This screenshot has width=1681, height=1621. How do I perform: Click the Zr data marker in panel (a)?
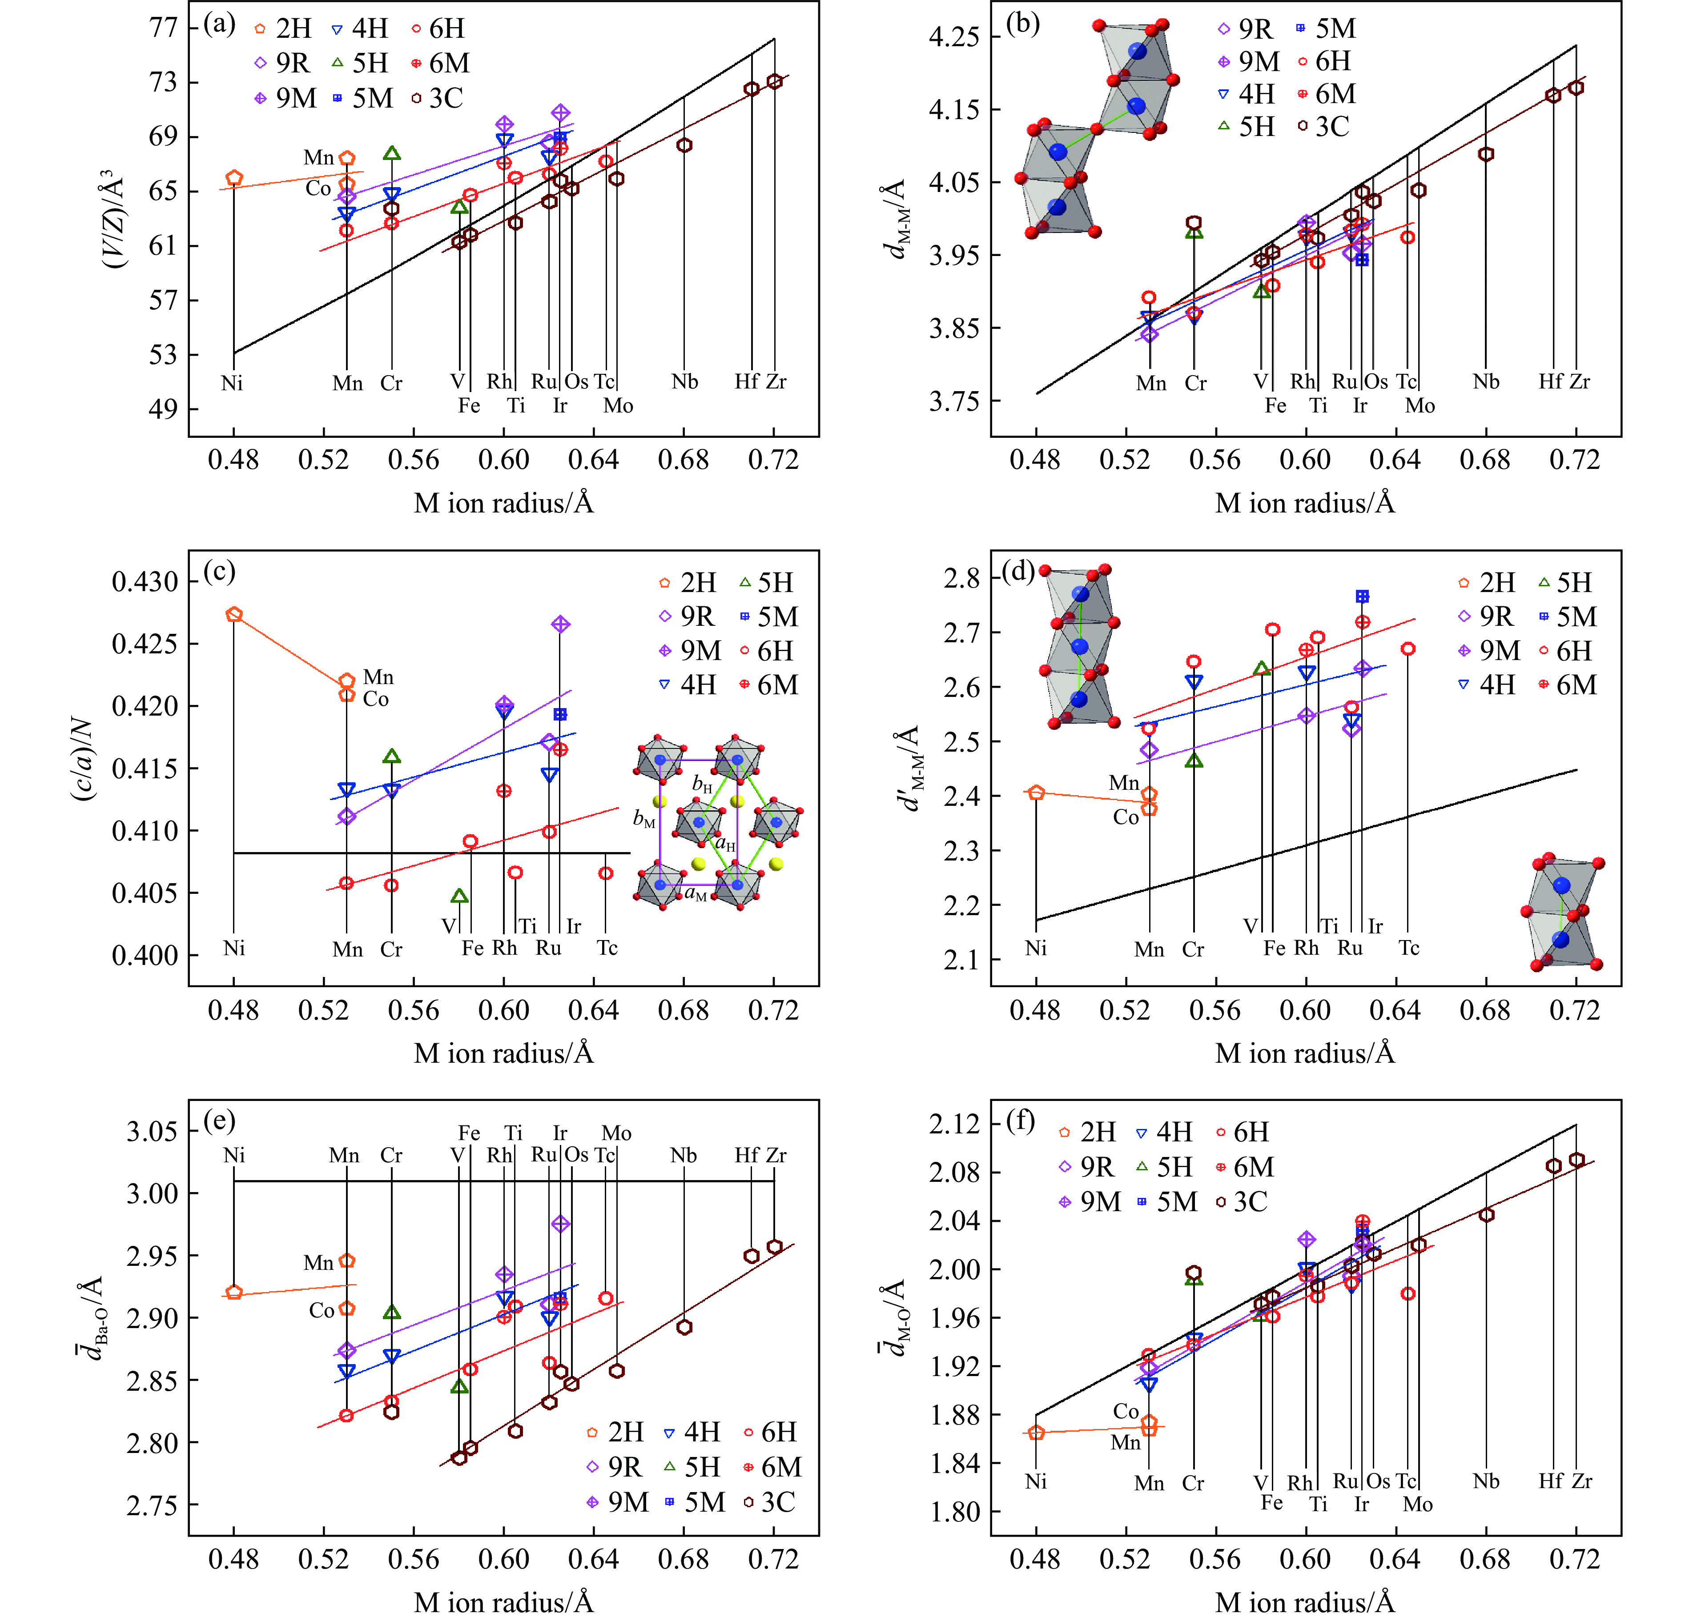tap(775, 81)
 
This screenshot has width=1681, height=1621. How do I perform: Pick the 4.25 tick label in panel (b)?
tap(954, 37)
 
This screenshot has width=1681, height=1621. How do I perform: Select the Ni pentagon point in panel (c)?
tap(234, 615)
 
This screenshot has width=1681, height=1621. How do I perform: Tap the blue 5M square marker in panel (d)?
tap(1362, 596)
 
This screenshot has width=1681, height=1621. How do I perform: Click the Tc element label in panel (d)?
tap(1409, 948)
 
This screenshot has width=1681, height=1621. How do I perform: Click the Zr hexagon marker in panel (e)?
tap(775, 1247)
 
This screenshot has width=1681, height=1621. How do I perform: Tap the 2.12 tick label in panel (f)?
tap(954, 1124)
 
